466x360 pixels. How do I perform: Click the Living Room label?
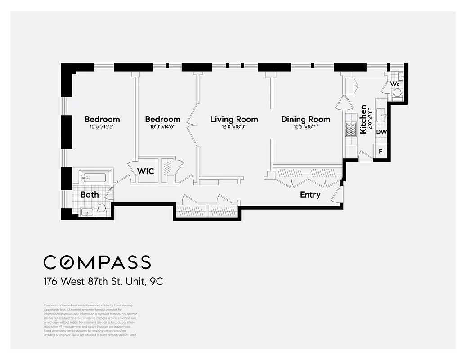[234, 119]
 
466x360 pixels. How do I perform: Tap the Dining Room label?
[305, 119]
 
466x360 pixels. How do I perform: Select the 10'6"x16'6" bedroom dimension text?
[102, 127]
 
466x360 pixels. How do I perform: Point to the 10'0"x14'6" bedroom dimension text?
[162, 127]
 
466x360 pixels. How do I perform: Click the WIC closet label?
[145, 171]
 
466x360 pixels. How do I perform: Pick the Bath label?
[90, 195]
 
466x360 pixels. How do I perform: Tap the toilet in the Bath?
[102, 209]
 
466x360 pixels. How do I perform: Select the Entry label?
[310, 195]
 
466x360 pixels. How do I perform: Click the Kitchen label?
[363, 120]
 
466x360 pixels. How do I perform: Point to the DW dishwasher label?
[381, 132]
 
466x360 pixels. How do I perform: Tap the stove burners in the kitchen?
[350, 130]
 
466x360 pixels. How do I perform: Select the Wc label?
[395, 85]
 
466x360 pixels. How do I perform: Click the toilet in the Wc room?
[397, 94]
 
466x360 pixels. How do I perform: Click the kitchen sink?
[382, 115]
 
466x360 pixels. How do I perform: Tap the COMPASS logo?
[97, 262]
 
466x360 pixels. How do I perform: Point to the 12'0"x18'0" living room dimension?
[234, 127]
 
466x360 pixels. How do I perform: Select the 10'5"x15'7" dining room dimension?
[305, 127]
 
